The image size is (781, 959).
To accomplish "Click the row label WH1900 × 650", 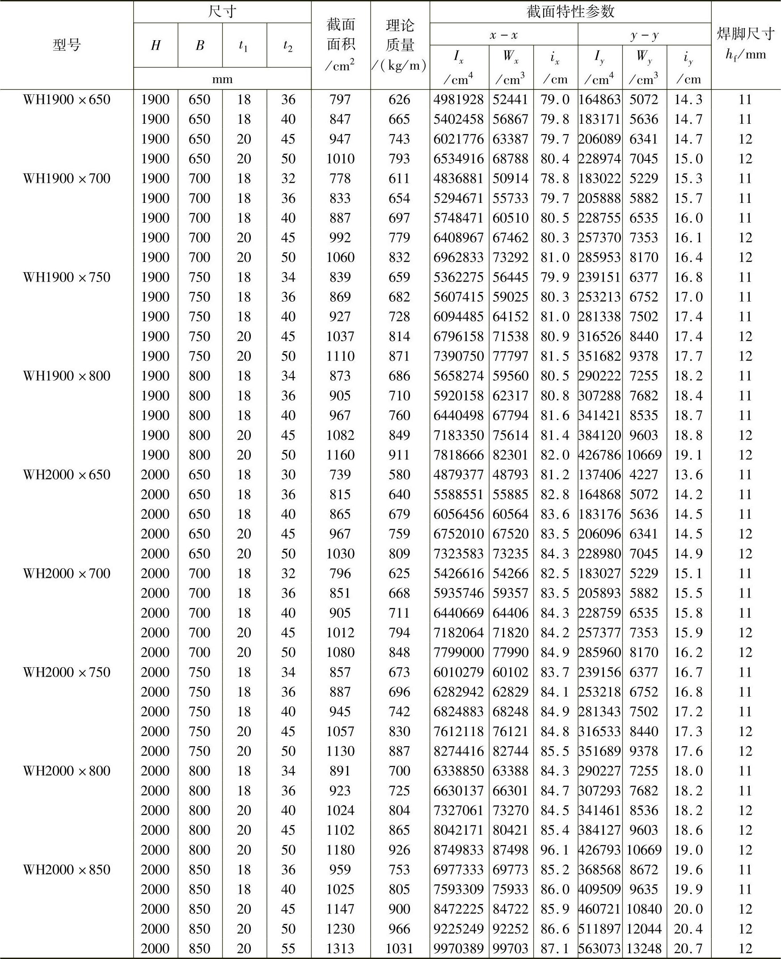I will pyautogui.click(x=67, y=99).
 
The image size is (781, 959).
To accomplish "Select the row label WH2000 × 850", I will pyautogui.click(x=67, y=870).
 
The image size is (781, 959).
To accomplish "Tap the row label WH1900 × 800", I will pyautogui.click(x=67, y=376).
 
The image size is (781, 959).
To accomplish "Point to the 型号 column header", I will pyautogui.click(x=67, y=45).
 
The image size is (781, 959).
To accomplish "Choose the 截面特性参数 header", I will pyautogui.click(x=570, y=12).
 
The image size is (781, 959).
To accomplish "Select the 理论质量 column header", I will pyautogui.click(x=400, y=45).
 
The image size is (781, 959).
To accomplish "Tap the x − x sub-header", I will pyautogui.click(x=503, y=35).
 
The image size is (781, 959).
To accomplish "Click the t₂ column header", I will pyautogui.click(x=288, y=46).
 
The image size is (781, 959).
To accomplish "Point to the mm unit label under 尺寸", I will pyautogui.click(x=222, y=79).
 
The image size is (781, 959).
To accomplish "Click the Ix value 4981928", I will pyautogui.click(x=458, y=99).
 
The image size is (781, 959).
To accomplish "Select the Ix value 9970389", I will pyautogui.click(x=458, y=949).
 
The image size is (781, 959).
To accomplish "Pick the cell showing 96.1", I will pyautogui.click(x=555, y=850).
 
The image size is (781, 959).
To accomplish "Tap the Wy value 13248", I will pyautogui.click(x=644, y=949).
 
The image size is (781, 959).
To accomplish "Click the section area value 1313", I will pyautogui.click(x=340, y=949).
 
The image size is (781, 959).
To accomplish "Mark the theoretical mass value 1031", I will pyautogui.click(x=400, y=949).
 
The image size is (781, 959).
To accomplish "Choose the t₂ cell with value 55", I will pyautogui.click(x=288, y=949).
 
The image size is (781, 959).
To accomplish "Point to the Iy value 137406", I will pyautogui.click(x=599, y=475).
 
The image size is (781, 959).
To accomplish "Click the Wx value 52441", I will pyautogui.click(x=510, y=99).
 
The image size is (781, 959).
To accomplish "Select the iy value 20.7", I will pyautogui.click(x=688, y=949).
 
